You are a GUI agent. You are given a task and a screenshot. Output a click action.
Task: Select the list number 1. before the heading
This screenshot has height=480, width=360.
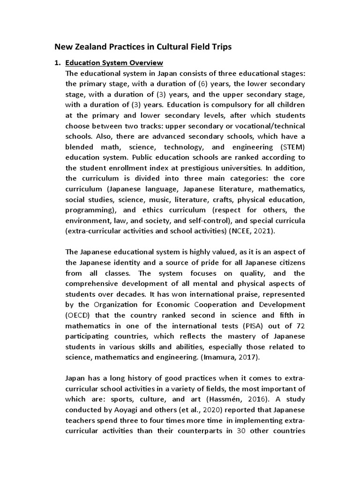(x=58, y=63)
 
